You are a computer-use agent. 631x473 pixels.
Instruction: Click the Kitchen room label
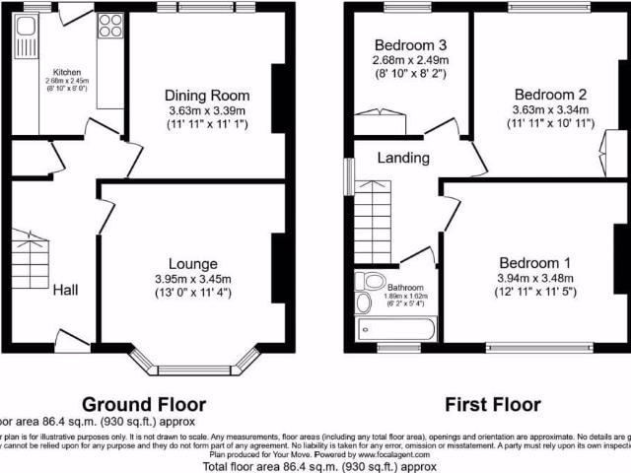pyautogui.click(x=66, y=72)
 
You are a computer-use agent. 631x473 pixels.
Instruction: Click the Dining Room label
pyautogui.click(x=206, y=95)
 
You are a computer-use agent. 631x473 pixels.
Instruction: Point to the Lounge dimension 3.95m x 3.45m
pyautogui.click(x=199, y=279)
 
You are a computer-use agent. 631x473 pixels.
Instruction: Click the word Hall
pyautogui.click(x=66, y=290)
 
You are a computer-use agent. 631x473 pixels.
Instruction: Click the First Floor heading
pyautogui.click(x=492, y=404)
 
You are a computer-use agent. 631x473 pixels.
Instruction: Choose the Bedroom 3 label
pyautogui.click(x=411, y=45)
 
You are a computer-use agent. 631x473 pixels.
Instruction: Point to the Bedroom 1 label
pyautogui.click(x=535, y=263)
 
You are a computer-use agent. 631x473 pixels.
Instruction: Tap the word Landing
pyautogui.click(x=404, y=158)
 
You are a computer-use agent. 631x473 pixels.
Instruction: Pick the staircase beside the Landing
pyautogui.click(x=375, y=222)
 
